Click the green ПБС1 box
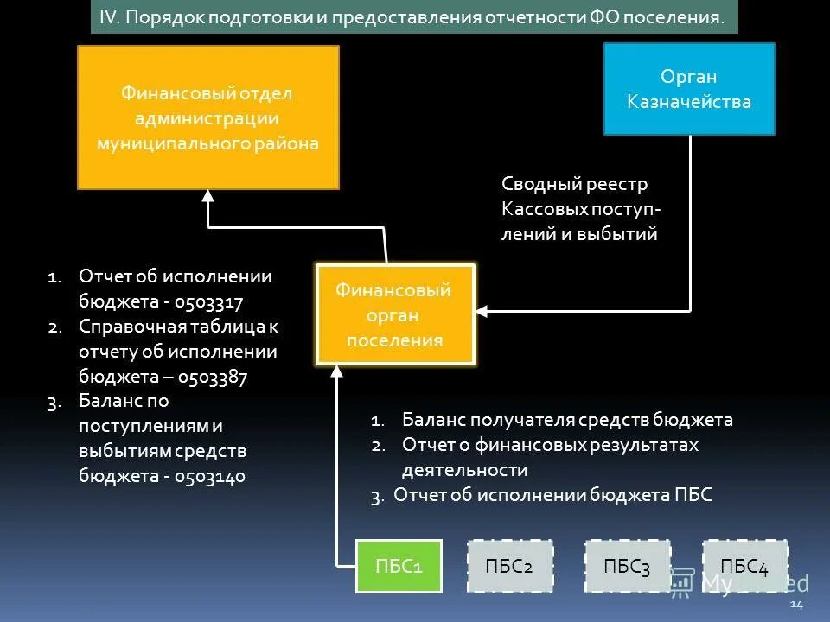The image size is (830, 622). pos(399,566)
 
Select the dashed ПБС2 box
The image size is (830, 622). pos(509,566)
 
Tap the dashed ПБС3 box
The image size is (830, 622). pos(627,566)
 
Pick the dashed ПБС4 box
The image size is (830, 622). pos(744,566)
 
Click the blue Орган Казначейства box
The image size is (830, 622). pos(689,89)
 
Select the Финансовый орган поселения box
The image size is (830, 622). pos(395,314)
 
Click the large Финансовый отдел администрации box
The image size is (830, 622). pos(207,117)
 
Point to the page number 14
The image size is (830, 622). pos(796,605)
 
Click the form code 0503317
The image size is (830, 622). pos(209,302)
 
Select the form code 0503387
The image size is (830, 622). pos(213,378)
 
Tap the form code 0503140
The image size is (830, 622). pos(210,476)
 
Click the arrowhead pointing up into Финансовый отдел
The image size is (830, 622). pos(207,196)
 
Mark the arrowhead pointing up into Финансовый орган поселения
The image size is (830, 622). pos(338,372)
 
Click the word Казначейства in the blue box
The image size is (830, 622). pos(689,102)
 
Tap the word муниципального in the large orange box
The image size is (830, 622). pos(171,143)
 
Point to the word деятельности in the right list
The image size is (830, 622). pos(464,471)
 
